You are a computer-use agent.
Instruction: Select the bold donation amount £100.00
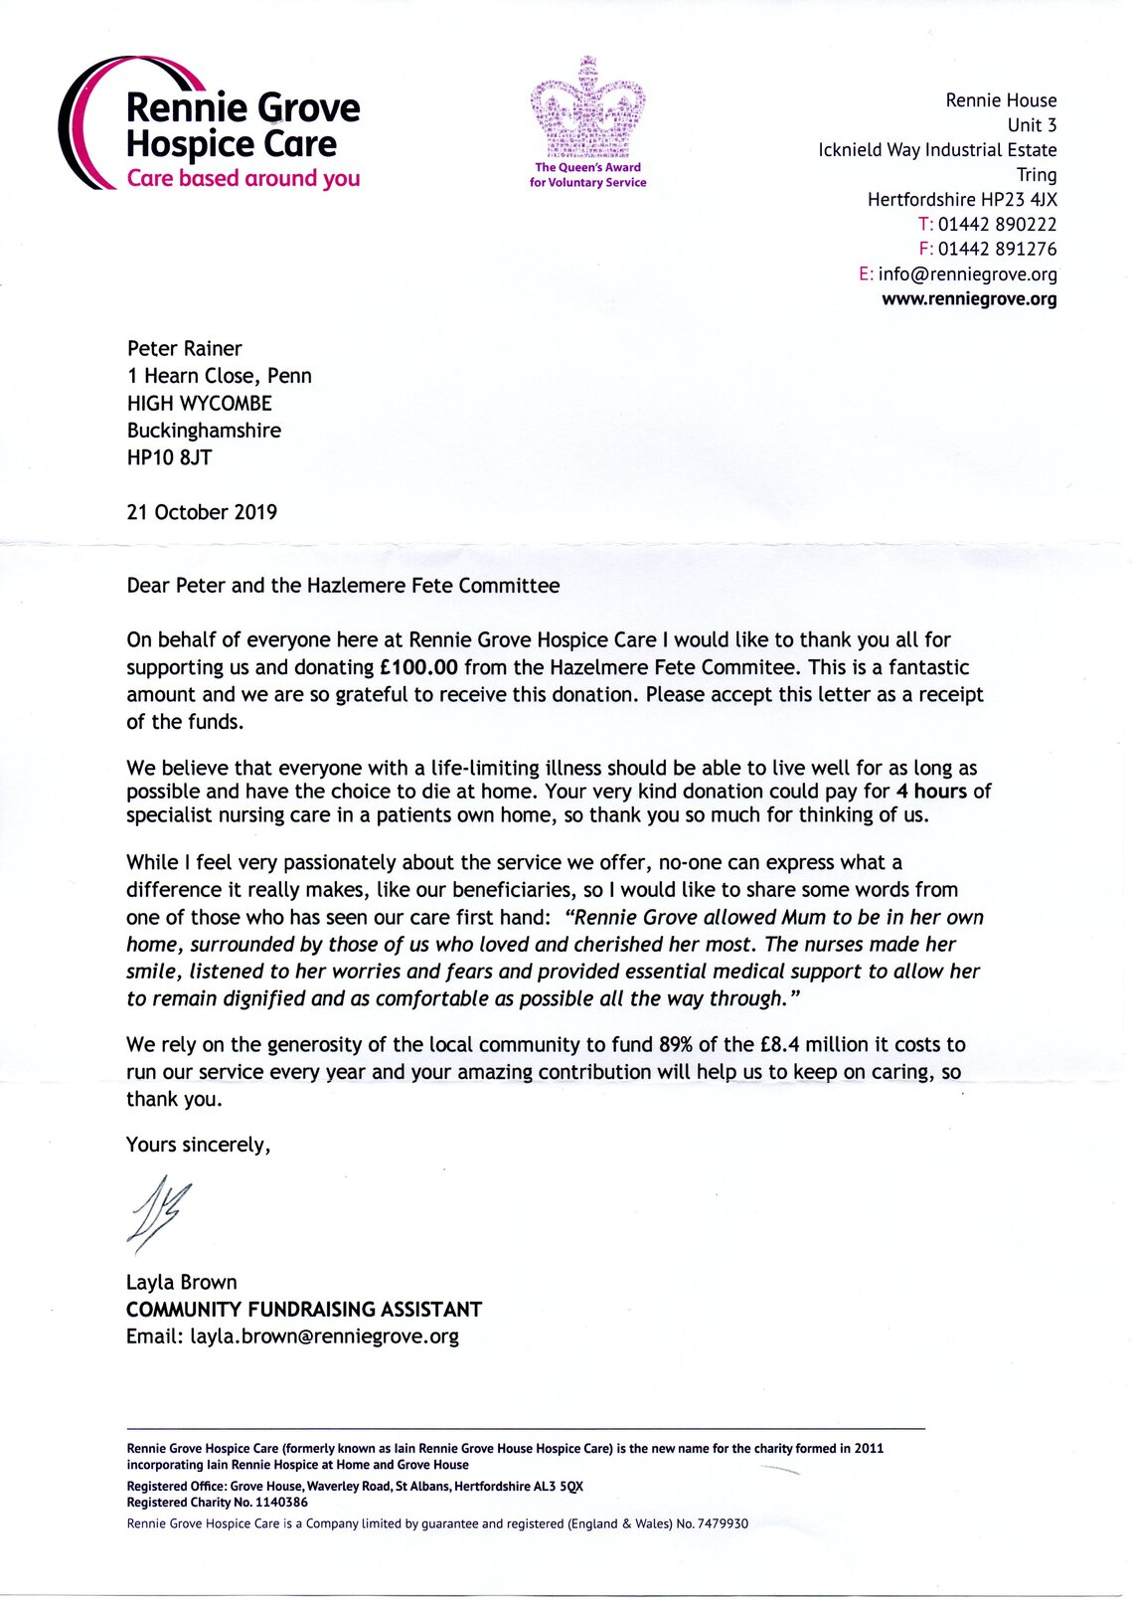click(x=418, y=667)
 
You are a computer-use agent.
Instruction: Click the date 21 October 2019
click(x=202, y=512)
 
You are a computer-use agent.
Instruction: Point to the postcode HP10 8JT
click(x=169, y=457)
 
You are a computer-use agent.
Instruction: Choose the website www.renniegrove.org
click(x=969, y=298)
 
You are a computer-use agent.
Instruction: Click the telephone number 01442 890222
click(x=997, y=224)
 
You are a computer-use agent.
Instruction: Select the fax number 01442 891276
click(x=997, y=249)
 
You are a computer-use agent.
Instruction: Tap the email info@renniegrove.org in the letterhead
click(x=967, y=273)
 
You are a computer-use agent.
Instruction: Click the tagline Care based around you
click(x=243, y=179)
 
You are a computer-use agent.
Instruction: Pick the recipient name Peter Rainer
click(x=184, y=348)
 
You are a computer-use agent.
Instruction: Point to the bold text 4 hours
click(x=931, y=792)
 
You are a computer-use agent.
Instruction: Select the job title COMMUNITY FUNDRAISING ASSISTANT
click(x=304, y=1309)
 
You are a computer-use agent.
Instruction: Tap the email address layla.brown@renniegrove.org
click(x=325, y=1336)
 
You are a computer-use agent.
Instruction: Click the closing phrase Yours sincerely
click(x=198, y=1145)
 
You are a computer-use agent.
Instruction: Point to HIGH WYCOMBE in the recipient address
click(x=199, y=403)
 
